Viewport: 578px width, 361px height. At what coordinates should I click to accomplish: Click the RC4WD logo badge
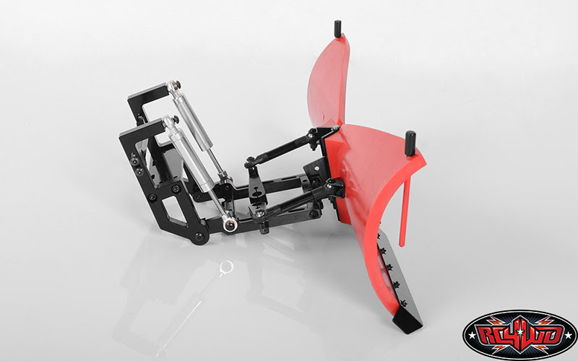(519, 335)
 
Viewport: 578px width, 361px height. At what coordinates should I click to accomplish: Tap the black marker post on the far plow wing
(337, 29)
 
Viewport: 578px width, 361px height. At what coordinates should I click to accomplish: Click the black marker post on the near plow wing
(410, 143)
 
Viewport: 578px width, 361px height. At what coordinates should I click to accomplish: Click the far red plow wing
(328, 81)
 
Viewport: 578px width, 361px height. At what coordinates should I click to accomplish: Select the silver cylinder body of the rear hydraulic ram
(194, 118)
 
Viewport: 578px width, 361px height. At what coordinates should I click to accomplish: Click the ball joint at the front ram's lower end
(230, 225)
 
